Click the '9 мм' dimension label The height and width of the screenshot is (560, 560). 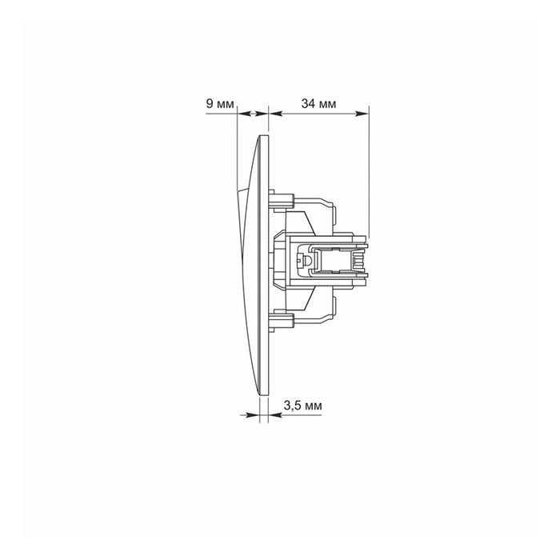pyautogui.click(x=220, y=104)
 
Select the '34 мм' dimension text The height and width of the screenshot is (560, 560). pyautogui.click(x=318, y=104)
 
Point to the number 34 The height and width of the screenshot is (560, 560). pyautogui.click(x=307, y=104)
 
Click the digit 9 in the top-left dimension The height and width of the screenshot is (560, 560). pyautogui.click(x=210, y=104)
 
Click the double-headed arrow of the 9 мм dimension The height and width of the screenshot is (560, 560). pyautogui.click(x=252, y=115)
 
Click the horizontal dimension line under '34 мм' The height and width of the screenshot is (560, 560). pyautogui.click(x=318, y=115)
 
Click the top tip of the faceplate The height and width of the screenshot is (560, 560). pyautogui.click(x=262, y=138)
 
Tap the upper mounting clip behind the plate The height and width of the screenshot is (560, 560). pyautogui.click(x=280, y=197)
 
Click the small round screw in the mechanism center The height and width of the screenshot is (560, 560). pyautogui.click(x=303, y=261)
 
